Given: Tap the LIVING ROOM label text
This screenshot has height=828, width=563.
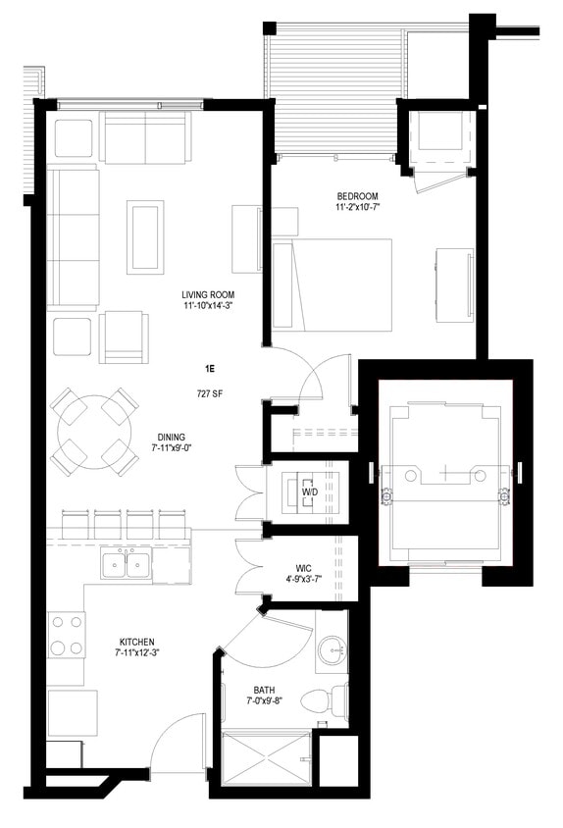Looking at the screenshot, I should point(207,294).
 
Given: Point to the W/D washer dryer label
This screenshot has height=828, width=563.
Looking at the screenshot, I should point(309,490).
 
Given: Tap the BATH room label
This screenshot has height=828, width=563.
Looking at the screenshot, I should point(261,688).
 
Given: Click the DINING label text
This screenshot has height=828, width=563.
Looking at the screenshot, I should point(172,437).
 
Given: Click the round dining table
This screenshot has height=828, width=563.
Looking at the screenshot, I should point(94,430).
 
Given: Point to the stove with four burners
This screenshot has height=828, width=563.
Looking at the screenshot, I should point(65,635).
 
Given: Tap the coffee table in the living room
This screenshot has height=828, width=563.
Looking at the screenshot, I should point(145,236).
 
